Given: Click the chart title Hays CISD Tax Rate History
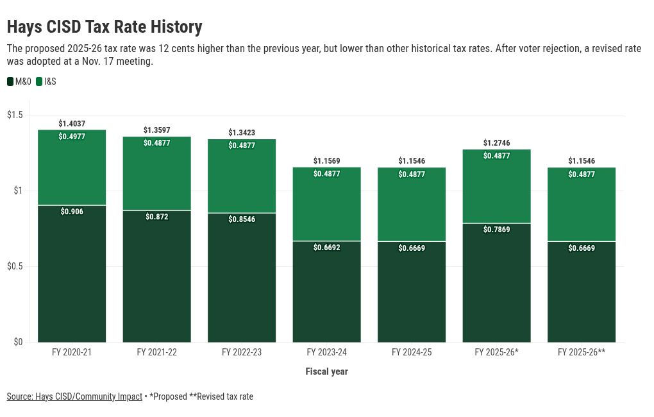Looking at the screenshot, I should tap(105, 27).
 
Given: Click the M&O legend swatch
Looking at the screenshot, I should tap(10, 81).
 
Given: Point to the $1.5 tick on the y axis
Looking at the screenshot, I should tap(15, 115).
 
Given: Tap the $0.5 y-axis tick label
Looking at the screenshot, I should tap(15, 266).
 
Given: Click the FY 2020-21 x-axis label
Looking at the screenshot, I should tap(72, 352).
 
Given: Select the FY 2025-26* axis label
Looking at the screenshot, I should tap(496, 352).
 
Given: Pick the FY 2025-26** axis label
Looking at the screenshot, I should tap(582, 352).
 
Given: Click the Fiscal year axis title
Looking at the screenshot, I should tap(326, 371).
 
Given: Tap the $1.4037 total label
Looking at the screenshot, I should tap(72, 123).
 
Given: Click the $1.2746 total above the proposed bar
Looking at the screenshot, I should tap(496, 143).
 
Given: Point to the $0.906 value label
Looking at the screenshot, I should tap(72, 212).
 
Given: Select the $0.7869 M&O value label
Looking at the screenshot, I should tap(496, 230).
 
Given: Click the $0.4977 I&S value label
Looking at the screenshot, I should tap(72, 137).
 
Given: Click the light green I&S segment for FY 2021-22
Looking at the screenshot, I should tap(156, 180).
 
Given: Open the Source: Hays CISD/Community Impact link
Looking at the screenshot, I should tap(74, 396).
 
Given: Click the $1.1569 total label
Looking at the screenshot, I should tap(326, 160).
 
